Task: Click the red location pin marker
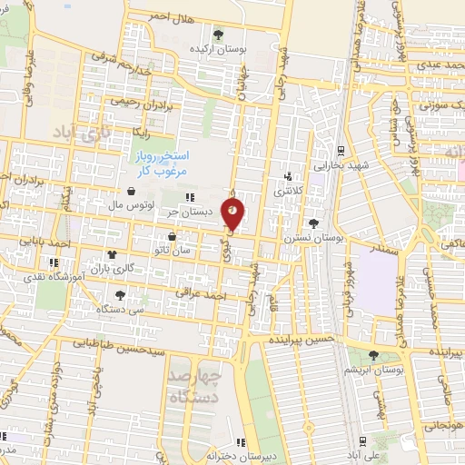233,214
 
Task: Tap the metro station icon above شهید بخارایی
340,151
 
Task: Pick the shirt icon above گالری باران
112,255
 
